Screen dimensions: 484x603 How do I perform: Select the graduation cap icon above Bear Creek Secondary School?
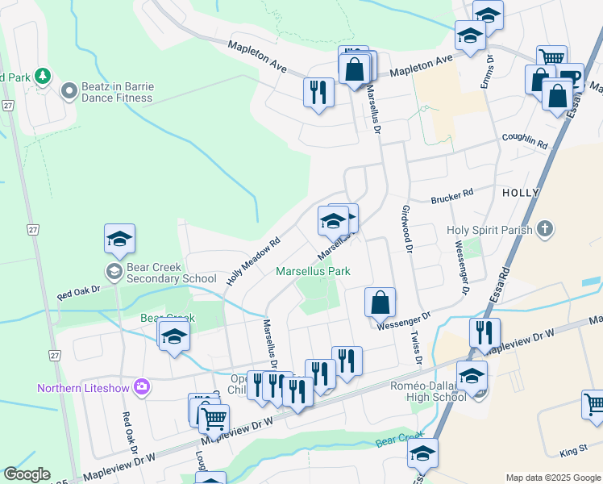(119, 240)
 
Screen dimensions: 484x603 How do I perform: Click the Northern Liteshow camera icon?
(142, 388)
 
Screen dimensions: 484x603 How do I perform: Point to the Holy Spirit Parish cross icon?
(545, 229)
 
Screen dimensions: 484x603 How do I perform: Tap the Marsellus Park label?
(313, 272)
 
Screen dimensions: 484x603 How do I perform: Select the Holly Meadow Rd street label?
(252, 261)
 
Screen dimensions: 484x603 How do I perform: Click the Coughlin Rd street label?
(524, 141)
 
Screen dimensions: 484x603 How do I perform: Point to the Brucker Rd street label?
(451, 197)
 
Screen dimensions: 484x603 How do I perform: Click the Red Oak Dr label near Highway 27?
(78, 292)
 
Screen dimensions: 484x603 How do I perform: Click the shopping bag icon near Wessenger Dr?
(380, 302)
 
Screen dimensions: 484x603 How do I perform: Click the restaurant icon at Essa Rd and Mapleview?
(484, 333)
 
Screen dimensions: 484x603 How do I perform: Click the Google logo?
(27, 475)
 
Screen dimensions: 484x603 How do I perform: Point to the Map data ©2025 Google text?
(552, 478)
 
